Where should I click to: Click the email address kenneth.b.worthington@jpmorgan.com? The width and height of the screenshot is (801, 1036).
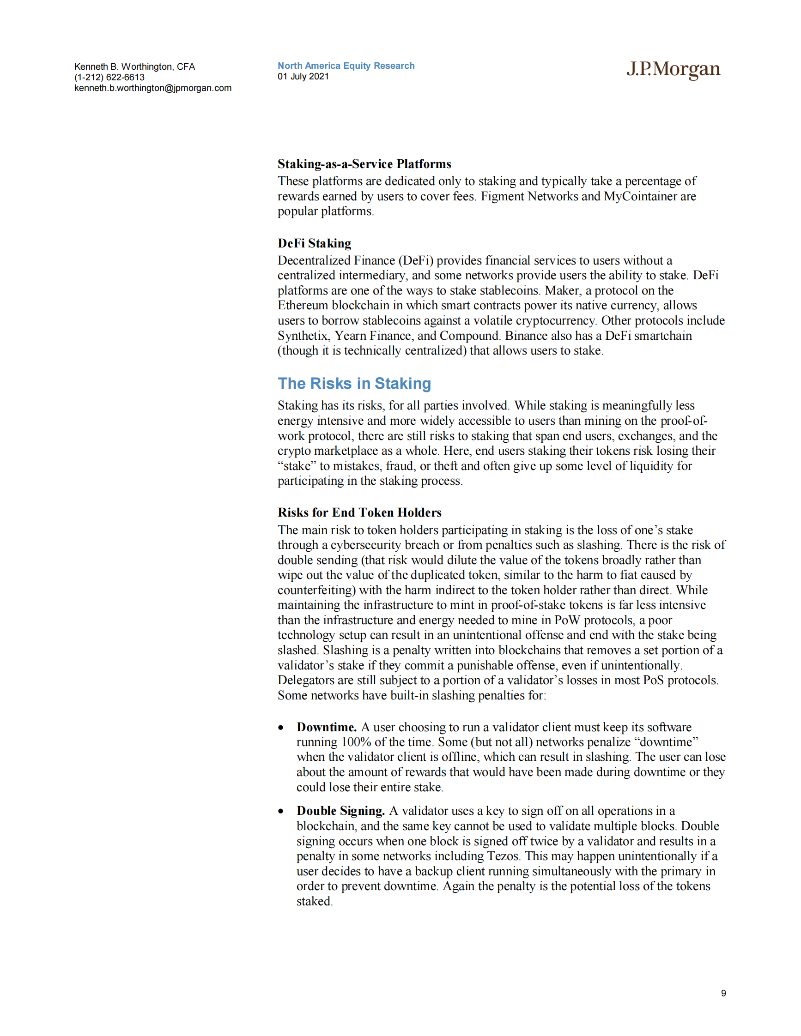(153, 88)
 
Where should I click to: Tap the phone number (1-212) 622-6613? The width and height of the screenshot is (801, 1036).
(109, 77)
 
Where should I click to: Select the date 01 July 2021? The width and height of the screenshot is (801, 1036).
(303, 76)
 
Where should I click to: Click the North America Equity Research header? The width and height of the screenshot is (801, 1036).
(346, 66)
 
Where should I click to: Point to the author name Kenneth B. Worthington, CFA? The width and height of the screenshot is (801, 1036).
(135, 66)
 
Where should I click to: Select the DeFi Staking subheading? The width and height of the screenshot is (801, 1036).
(314, 243)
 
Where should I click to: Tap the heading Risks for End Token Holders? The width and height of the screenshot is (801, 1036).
(359, 512)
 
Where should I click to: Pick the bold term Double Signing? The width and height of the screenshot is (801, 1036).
(340, 811)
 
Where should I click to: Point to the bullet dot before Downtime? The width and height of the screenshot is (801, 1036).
(281, 728)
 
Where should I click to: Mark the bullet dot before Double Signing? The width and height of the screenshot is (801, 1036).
(281, 812)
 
